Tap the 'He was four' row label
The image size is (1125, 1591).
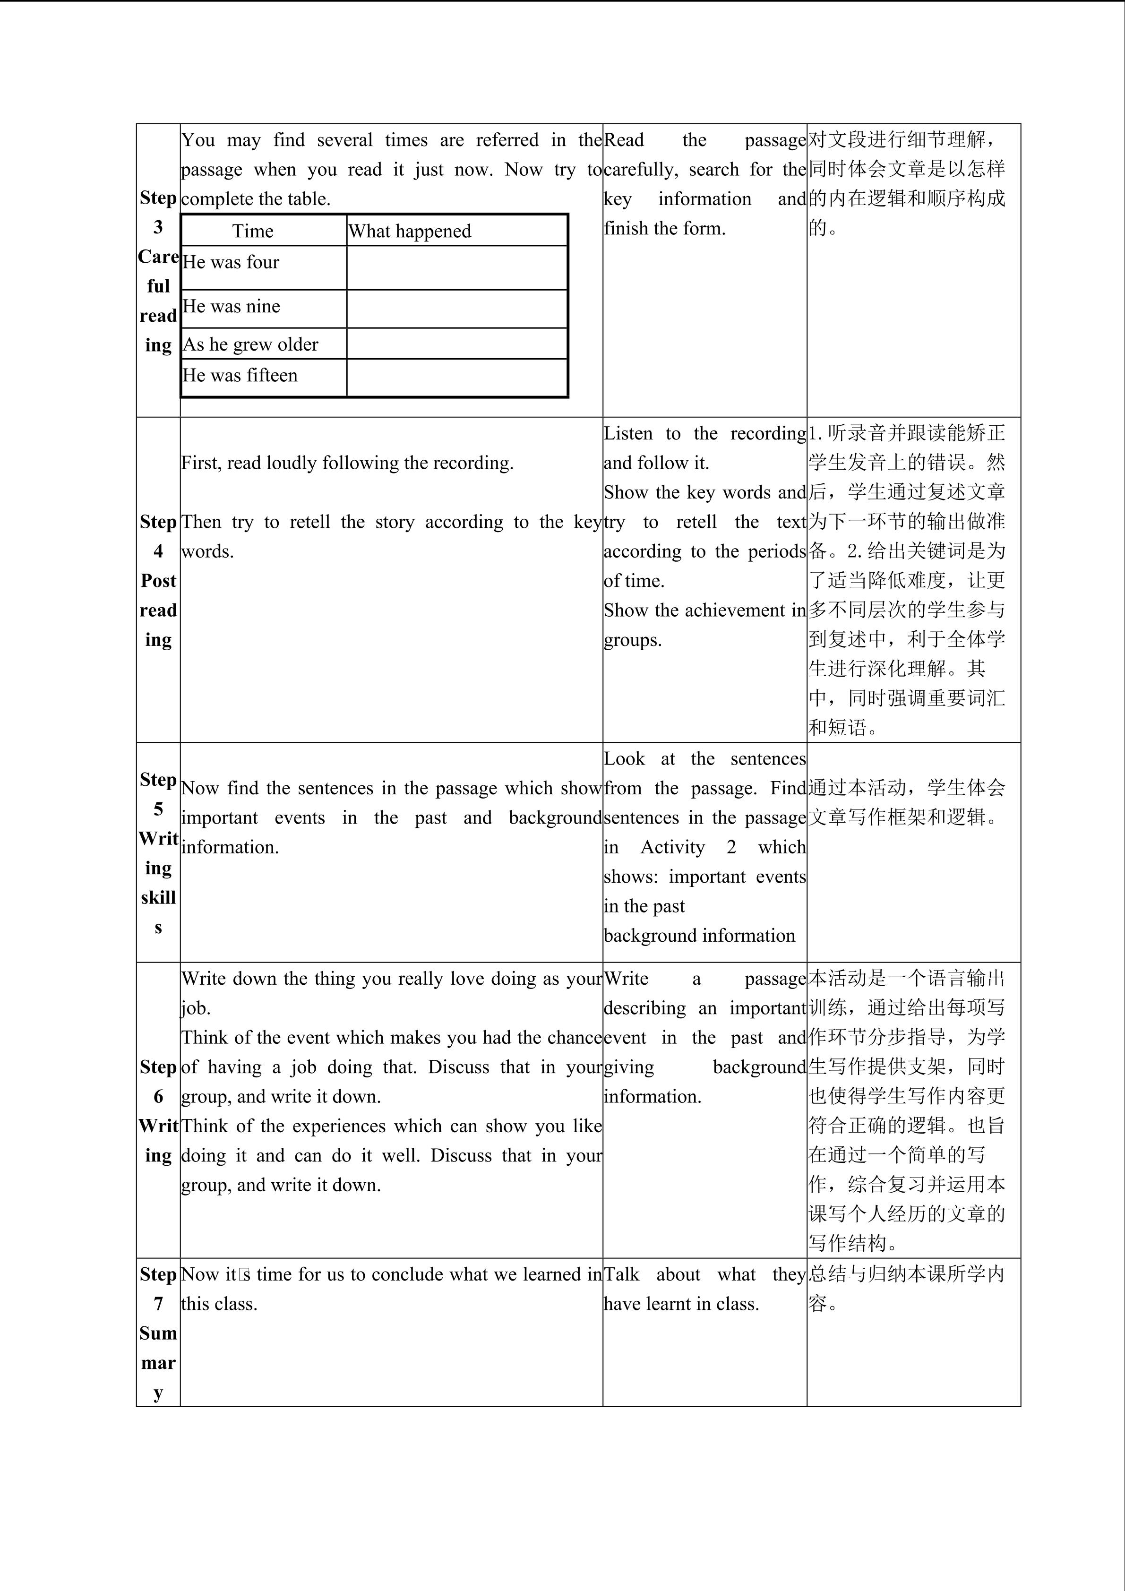pos(231,262)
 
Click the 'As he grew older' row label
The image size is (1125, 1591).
pos(250,344)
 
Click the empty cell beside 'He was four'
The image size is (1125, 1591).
pos(456,267)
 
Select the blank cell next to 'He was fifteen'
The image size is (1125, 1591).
pos(456,378)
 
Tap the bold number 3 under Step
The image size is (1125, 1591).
pos(158,227)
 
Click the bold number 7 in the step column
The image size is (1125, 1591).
pos(158,1303)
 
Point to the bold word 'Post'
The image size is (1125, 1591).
pos(158,581)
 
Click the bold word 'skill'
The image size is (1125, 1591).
pos(158,897)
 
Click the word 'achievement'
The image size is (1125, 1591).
pos(721,611)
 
